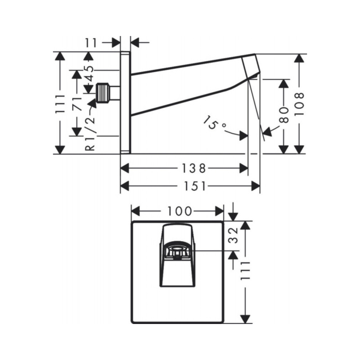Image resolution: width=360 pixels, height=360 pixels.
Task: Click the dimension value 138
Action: coord(194,168)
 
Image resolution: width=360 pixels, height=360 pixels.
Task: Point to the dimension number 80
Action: coord(284,115)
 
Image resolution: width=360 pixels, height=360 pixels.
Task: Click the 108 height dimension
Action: coord(299,104)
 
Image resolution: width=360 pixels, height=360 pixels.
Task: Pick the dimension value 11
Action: coord(92,42)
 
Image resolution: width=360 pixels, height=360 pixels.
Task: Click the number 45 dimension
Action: coord(90,73)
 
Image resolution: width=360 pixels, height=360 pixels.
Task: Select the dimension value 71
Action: coord(77,103)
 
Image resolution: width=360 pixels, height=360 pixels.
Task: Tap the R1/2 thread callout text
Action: coord(90,133)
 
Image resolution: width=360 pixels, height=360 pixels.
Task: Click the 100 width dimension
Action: coord(180,211)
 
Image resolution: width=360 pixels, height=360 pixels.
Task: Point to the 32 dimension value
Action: coord(234,235)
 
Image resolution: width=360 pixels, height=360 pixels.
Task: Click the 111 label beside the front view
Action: coord(245,270)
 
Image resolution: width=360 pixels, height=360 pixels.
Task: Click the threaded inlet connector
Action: coord(103,93)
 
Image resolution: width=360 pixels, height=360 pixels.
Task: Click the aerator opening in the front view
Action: coord(177,249)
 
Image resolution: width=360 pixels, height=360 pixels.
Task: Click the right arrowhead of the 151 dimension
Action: coord(256,186)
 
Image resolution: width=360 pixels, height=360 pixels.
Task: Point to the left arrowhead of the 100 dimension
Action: coord(135,211)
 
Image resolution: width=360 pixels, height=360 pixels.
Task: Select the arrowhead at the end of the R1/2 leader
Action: coord(93,103)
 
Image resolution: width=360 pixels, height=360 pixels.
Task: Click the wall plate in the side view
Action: coord(126,103)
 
